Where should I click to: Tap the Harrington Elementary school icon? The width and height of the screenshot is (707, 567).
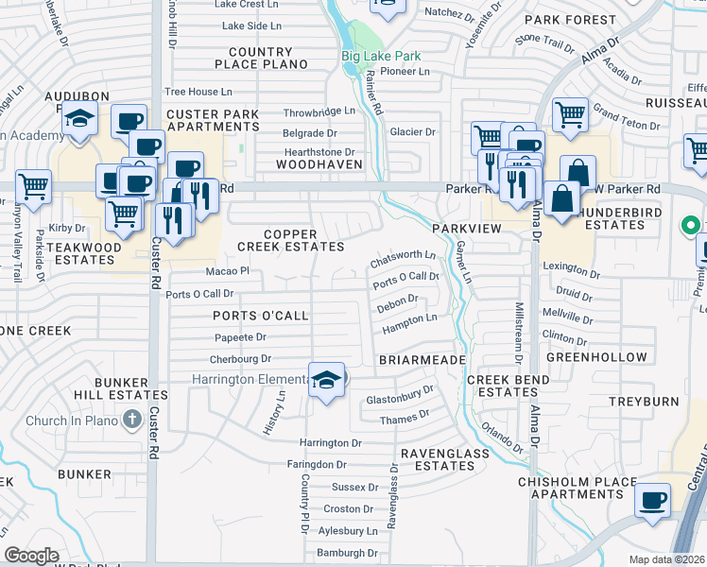click(327, 381)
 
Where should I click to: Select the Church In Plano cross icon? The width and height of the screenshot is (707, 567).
click(132, 420)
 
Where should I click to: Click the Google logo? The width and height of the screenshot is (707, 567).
click(31, 555)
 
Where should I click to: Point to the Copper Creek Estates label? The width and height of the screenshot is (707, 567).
click(303, 240)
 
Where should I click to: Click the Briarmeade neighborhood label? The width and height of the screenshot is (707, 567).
click(422, 360)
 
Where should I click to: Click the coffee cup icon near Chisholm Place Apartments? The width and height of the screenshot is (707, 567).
click(653, 499)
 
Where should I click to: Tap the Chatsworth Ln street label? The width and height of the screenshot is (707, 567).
click(404, 255)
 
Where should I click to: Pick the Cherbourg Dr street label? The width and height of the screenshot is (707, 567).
click(240, 359)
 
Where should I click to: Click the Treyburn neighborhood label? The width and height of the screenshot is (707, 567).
click(644, 402)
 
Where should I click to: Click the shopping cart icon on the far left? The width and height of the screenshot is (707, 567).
click(34, 187)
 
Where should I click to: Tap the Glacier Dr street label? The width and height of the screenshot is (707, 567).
click(413, 132)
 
